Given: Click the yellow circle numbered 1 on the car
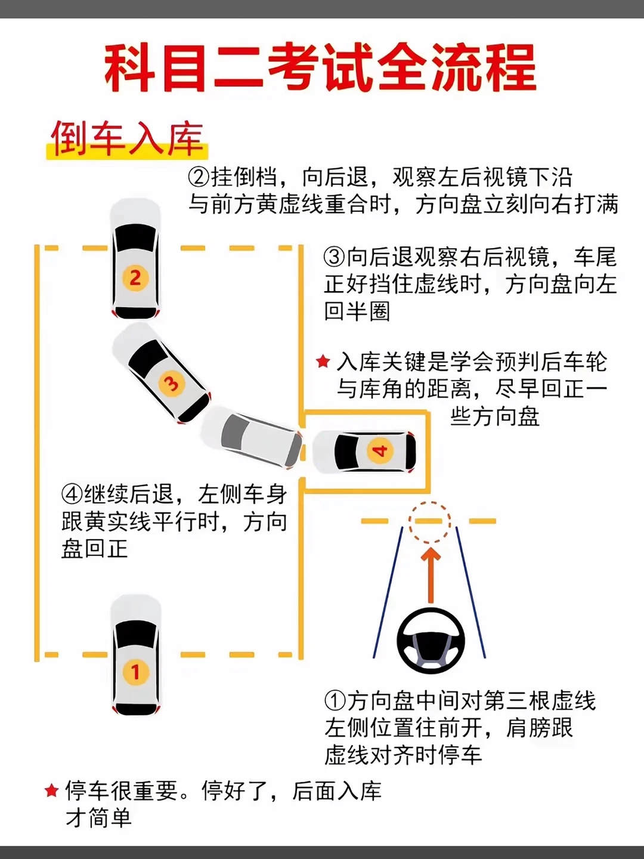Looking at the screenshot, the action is [135, 672].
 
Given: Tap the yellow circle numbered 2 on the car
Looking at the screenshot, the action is [135, 278].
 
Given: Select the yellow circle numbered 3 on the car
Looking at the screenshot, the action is [171, 383].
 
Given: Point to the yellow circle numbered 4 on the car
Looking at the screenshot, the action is [380, 452].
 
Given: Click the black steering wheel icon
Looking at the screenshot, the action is [431, 641].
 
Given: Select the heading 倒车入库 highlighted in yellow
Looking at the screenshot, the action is [127, 140].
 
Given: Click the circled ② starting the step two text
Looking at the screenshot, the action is [199, 177].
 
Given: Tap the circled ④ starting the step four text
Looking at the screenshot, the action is [72, 495].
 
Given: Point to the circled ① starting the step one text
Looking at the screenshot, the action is [335, 701].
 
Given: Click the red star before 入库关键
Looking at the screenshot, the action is [323, 361].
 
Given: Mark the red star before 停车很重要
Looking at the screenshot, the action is [52, 790].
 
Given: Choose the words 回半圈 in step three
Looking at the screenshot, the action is [357, 311].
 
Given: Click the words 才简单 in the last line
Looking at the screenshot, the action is [98, 818].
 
